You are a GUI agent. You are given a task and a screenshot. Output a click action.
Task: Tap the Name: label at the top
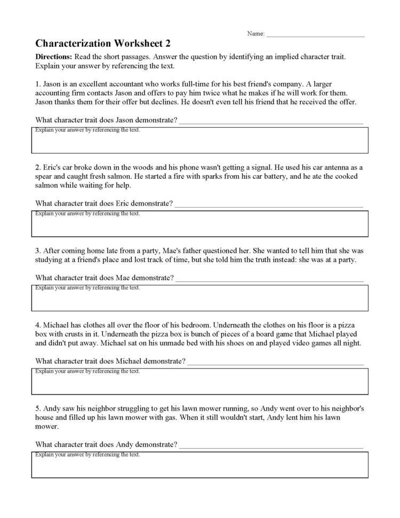click(256, 34)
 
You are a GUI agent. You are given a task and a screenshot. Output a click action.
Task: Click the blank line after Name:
click(315, 35)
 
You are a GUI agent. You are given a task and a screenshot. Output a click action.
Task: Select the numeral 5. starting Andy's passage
click(37, 408)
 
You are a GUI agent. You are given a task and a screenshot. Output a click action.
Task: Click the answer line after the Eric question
click(269, 205)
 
